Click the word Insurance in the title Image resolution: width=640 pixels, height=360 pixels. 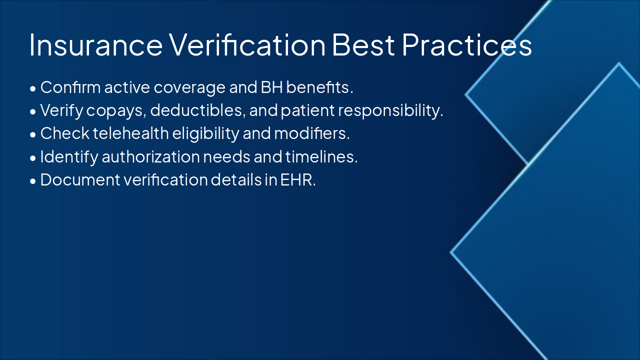click(x=96, y=45)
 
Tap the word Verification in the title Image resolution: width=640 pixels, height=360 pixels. click(x=247, y=44)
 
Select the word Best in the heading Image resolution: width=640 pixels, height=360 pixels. click(x=363, y=45)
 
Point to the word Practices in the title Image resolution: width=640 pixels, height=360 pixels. click(x=467, y=44)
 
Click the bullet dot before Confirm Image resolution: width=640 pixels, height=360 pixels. click(x=33, y=89)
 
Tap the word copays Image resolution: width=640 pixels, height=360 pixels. click(x=116, y=111)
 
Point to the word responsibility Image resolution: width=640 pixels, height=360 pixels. click(x=390, y=110)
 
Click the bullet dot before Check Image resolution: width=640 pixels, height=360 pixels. click(x=33, y=135)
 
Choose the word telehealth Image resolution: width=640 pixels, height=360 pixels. click(x=131, y=133)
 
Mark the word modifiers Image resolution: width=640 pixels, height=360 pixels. click(x=311, y=133)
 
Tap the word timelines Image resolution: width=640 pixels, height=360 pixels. click(x=321, y=156)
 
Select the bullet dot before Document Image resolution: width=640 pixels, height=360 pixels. click(x=33, y=181)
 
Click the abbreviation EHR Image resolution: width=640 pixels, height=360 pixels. click(x=298, y=179)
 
